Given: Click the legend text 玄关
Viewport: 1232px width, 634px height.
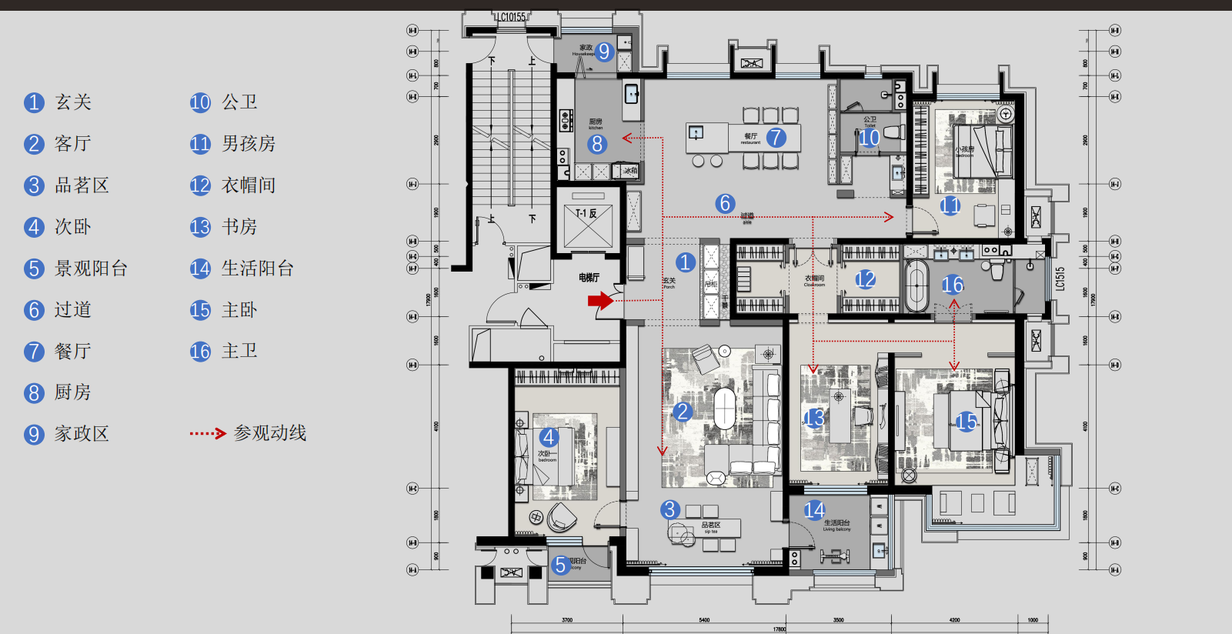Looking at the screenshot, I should [73, 102].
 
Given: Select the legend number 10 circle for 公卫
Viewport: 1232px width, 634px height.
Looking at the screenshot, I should [200, 102].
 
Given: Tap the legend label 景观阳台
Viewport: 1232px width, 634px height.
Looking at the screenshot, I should [91, 269].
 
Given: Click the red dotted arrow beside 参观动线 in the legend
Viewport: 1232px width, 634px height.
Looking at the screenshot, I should [208, 434].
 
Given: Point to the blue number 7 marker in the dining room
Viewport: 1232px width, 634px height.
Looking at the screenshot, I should [776, 138].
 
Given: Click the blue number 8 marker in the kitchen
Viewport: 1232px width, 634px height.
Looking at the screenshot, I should [597, 144].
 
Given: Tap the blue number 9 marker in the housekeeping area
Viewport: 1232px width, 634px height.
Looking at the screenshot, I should [604, 52].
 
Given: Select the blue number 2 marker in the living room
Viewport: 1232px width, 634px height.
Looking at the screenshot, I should [682, 412].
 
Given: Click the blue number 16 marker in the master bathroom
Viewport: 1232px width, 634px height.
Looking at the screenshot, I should [953, 285].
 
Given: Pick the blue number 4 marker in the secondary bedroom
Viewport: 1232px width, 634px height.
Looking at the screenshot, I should [549, 438].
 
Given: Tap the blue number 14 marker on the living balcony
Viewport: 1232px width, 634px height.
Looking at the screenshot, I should [814, 510].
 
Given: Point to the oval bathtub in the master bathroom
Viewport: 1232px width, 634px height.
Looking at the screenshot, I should [916, 285].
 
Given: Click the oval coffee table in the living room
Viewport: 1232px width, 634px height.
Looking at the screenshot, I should [725, 409].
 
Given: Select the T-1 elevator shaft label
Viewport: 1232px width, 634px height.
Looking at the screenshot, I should [586, 214].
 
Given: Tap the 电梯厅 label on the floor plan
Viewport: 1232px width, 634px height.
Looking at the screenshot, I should [589, 278].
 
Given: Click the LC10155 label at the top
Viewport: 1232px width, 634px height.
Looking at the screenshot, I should [510, 17].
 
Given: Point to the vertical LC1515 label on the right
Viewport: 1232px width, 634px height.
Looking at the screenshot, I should [1060, 279].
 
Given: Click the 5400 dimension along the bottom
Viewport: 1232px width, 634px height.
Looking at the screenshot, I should [704, 619].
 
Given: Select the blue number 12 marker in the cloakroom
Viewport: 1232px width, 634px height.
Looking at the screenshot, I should [866, 279].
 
